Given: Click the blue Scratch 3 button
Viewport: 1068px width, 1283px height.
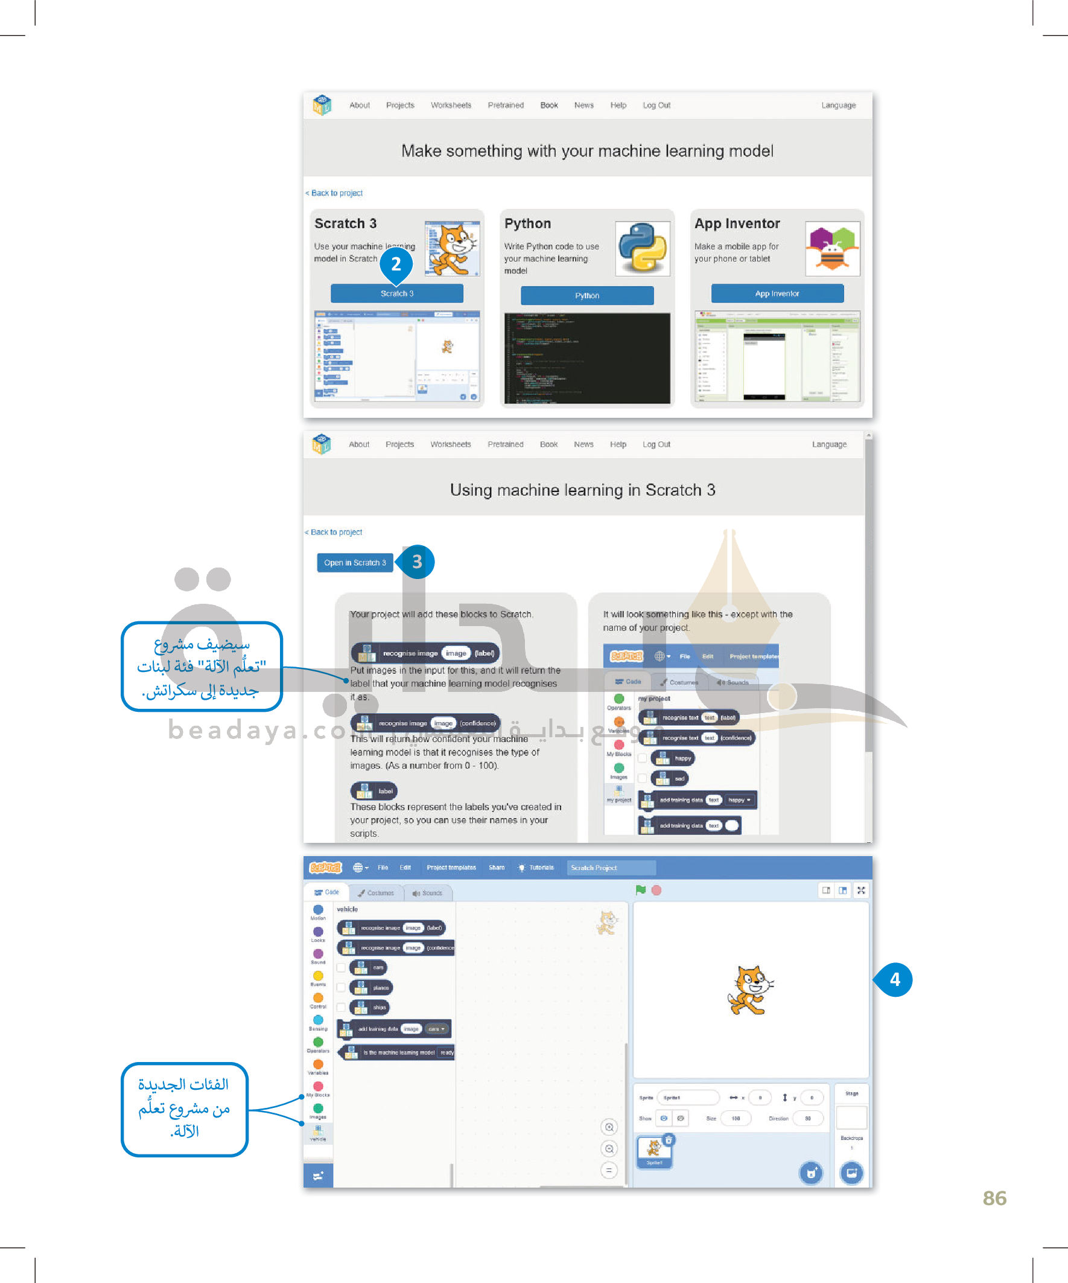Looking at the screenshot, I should point(396,293).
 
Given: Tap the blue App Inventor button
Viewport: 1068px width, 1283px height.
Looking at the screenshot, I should point(777,293).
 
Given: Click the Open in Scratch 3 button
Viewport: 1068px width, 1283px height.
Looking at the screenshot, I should point(355,563).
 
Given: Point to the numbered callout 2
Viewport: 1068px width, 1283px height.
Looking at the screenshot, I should point(396,264).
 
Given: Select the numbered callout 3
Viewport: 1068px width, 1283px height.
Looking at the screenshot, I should point(417,562).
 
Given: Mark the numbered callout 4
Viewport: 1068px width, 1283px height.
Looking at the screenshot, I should point(895,979).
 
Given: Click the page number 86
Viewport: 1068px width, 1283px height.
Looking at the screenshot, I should point(994,1198).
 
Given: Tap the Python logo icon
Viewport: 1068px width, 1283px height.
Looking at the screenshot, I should point(643,248).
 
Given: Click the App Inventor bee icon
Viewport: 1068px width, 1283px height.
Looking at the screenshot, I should point(832,248).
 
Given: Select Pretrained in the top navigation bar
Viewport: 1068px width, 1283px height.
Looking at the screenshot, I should point(506,105).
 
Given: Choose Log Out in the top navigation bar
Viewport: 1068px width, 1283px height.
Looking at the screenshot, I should point(656,105).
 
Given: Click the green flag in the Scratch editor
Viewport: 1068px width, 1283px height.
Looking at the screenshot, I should point(641,890).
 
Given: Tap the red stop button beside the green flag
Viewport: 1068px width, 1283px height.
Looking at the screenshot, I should point(656,890).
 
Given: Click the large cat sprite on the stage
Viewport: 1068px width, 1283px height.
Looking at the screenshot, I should point(750,989).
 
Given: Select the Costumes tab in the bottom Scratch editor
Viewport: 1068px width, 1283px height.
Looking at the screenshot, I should point(376,892).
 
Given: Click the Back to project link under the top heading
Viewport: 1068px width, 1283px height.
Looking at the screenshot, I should point(337,193).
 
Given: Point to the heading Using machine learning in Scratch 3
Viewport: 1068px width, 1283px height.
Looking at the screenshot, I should point(582,490).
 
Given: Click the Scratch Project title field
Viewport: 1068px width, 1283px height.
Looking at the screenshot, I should point(611,868).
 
